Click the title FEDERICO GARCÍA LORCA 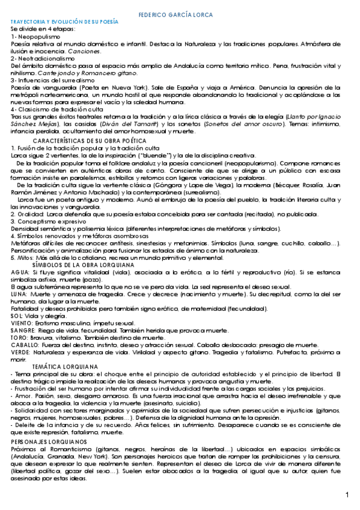[180, 13]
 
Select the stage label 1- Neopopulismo [32, 36]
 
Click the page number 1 [347, 494]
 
